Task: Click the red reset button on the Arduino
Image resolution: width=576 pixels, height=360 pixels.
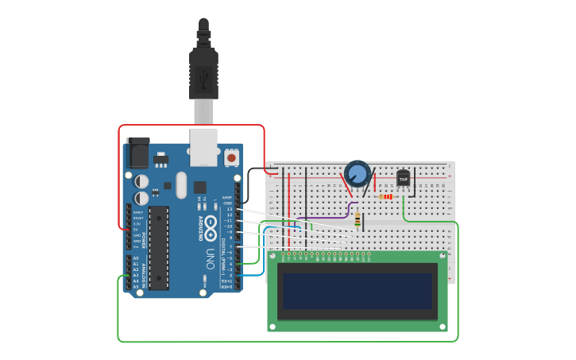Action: click(x=231, y=157)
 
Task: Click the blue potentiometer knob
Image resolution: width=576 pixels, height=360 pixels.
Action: click(x=358, y=173)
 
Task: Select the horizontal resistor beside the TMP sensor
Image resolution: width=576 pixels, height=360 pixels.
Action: click(x=386, y=196)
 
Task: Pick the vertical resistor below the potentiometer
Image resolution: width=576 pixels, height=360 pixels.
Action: click(x=358, y=220)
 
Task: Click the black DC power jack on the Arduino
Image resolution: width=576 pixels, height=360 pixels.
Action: click(x=137, y=153)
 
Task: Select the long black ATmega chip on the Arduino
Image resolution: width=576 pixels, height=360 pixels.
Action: click(x=159, y=247)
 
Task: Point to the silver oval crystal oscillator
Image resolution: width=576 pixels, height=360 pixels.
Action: click(x=181, y=186)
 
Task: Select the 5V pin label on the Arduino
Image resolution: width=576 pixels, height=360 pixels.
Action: click(x=136, y=229)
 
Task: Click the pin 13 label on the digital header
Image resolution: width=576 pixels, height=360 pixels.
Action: click(x=229, y=209)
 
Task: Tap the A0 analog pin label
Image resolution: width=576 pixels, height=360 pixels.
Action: click(x=135, y=259)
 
